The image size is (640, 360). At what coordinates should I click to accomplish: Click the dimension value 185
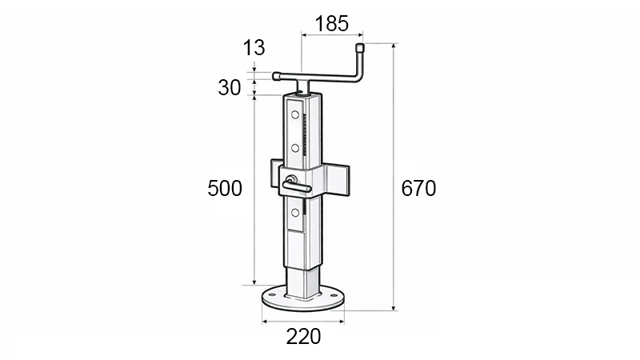tap(332, 23)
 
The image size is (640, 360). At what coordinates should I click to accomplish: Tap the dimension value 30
tap(230, 87)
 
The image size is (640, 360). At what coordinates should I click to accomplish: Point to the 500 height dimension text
tap(225, 189)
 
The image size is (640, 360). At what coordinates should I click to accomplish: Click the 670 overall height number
tap(418, 189)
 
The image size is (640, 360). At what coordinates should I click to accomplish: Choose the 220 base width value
tap(303, 337)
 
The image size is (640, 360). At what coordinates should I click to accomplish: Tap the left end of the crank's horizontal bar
tap(277, 77)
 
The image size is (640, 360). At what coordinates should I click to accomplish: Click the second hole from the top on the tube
tap(295, 148)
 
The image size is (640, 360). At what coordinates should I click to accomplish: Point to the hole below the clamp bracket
tap(295, 212)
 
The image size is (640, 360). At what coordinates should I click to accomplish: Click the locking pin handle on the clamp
tap(298, 186)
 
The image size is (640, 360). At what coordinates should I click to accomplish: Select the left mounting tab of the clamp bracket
tap(275, 174)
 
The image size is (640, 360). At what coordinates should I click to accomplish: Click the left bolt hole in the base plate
tap(272, 296)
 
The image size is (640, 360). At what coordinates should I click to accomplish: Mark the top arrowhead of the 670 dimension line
tap(394, 47)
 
